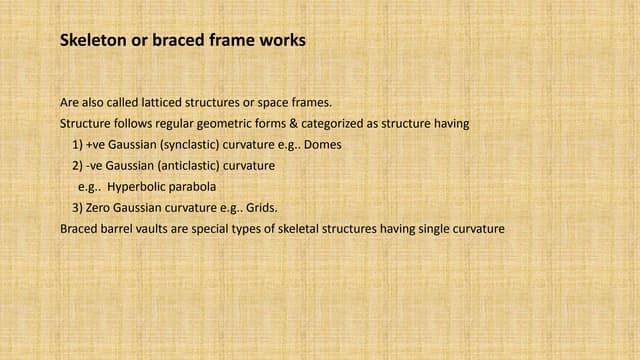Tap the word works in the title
point(281,41)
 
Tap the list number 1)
point(78,144)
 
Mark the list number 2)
point(78,165)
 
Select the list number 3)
point(78,207)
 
